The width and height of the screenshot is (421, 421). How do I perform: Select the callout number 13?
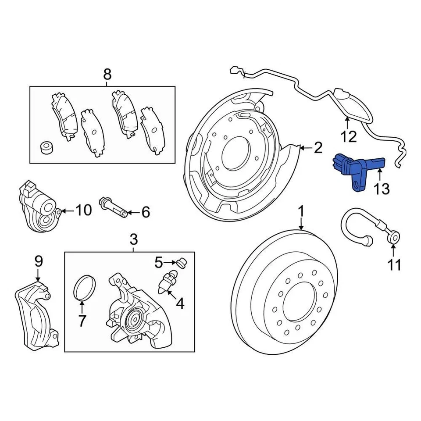click(x=381, y=189)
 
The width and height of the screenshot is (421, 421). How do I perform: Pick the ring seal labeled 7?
click(x=84, y=289)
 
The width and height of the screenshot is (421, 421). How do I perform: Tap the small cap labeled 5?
click(x=181, y=263)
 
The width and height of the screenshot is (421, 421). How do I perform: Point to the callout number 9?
click(x=39, y=261)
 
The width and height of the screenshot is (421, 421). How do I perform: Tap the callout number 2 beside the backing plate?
click(x=318, y=147)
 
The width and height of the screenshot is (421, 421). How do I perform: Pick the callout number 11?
click(x=394, y=265)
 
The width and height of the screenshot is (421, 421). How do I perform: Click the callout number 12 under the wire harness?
click(x=349, y=137)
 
